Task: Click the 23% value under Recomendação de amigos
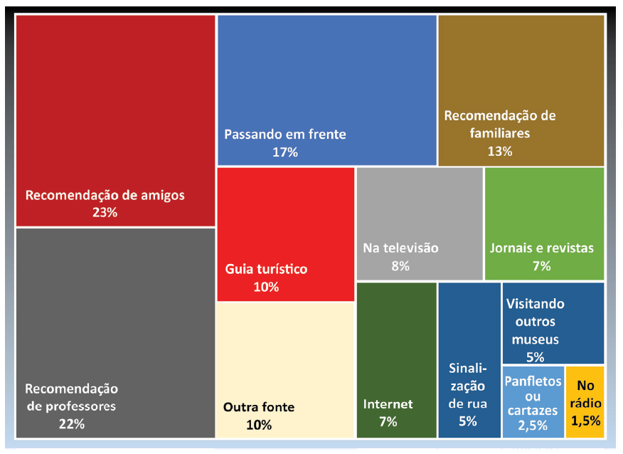click(105, 212)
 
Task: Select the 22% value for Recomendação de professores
click(72, 424)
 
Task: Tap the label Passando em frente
click(285, 134)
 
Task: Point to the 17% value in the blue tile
click(284, 152)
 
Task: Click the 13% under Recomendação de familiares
click(499, 151)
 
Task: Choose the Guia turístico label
click(266, 269)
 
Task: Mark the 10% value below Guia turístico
click(266, 287)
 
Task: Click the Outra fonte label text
click(259, 407)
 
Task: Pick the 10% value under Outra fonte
click(259, 425)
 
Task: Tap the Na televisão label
click(400, 248)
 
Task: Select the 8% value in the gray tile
click(400, 266)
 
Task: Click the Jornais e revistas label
click(541, 248)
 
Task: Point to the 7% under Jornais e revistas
click(541, 266)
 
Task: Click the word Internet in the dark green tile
click(388, 404)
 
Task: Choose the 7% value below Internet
click(388, 421)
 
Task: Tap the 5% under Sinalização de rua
click(468, 421)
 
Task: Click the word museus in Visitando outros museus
click(535, 339)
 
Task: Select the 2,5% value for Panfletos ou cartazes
click(533, 426)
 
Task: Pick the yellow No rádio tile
click(585, 402)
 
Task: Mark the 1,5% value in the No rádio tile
click(585, 421)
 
